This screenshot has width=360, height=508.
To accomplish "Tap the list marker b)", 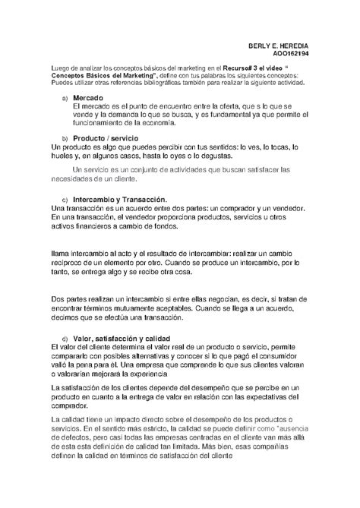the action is (65, 138).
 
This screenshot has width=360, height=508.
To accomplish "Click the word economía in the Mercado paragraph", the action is (162, 122).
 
